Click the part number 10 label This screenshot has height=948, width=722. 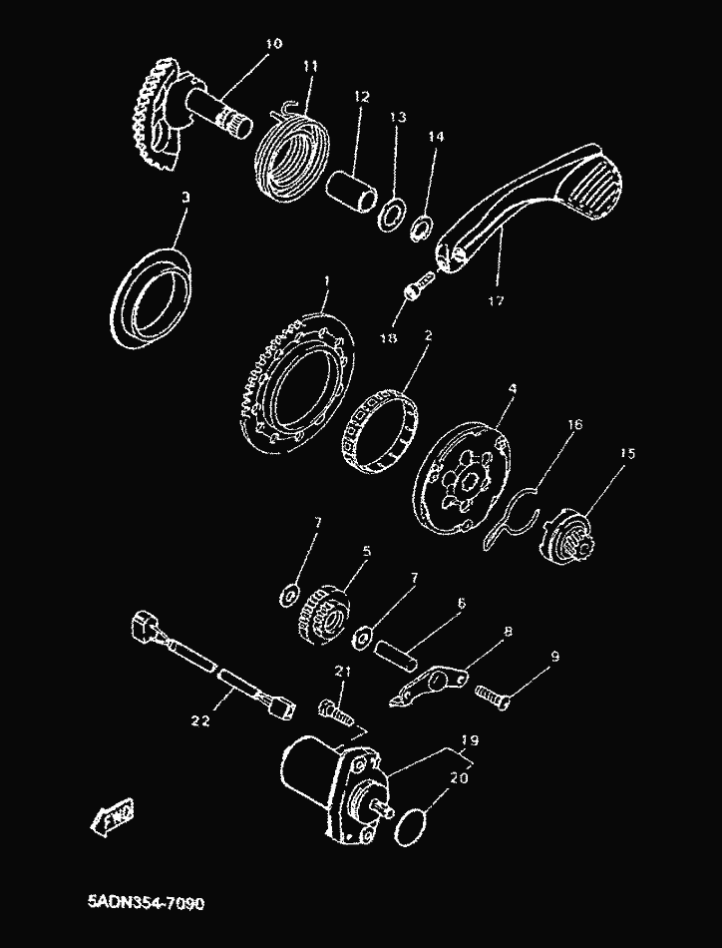(x=273, y=44)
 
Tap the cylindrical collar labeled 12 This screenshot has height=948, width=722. (x=352, y=191)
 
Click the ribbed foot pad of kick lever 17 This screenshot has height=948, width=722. (x=598, y=185)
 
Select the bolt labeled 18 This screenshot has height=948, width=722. (x=419, y=284)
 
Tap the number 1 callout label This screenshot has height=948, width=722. (x=327, y=280)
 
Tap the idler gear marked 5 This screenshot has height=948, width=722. (x=324, y=613)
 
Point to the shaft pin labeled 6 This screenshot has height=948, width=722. (x=396, y=655)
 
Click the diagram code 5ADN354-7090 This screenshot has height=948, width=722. (x=147, y=903)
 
